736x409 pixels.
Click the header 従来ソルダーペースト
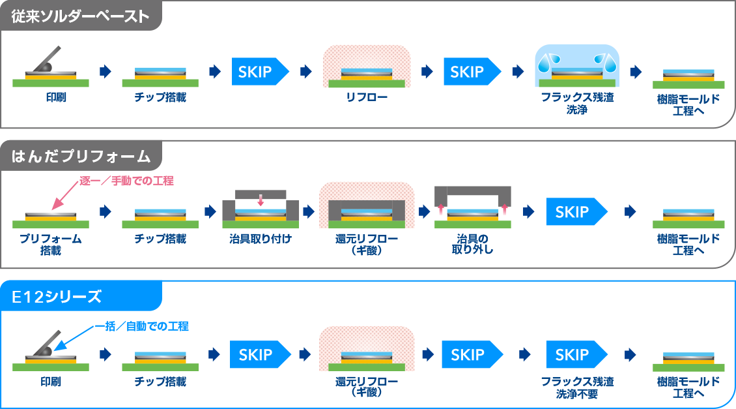click(80, 16)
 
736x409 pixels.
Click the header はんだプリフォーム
click(81, 156)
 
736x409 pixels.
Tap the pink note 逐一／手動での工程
click(127, 181)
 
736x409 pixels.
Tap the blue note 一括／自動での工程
click(142, 326)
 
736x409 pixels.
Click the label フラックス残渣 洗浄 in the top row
click(577, 103)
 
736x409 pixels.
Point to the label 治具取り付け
click(261, 239)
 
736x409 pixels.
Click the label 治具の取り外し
click(473, 244)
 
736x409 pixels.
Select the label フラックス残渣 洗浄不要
click(577, 387)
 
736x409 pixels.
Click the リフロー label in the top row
click(367, 97)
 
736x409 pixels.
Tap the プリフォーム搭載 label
click(51, 244)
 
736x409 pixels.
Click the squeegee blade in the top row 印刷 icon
click(48, 59)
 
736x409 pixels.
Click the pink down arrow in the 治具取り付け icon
click(261, 200)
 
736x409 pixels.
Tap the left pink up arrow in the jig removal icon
click(441, 209)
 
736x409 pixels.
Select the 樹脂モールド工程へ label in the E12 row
click(688, 387)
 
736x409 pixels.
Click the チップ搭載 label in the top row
click(160, 97)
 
